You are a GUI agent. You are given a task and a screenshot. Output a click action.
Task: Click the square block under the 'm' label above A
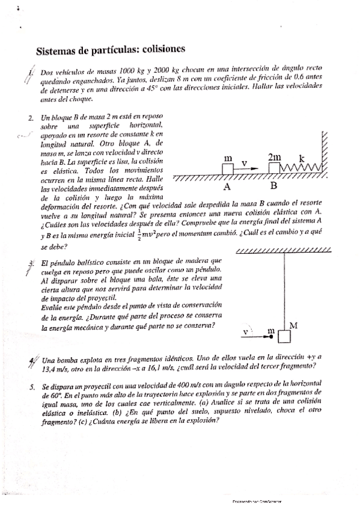[x=228, y=169]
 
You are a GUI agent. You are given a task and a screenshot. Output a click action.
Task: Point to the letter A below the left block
[x=227, y=185]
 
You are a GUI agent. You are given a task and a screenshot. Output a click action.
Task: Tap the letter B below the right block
[x=274, y=185]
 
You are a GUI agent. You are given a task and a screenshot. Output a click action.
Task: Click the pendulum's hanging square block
[x=284, y=336]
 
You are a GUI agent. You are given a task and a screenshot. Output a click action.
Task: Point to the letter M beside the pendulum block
[x=294, y=325]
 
